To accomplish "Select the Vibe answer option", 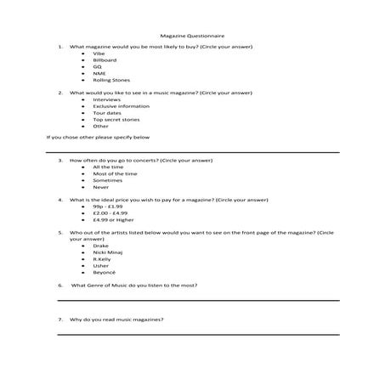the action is click(x=99, y=54).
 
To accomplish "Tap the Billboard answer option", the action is click(x=105, y=60).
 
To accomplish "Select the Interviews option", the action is click(x=107, y=99).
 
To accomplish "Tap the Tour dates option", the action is click(x=108, y=113).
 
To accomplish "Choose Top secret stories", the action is click(x=116, y=120).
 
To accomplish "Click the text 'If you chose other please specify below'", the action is click(x=99, y=136).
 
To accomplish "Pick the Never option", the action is click(x=100, y=187).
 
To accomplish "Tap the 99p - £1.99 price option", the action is click(x=108, y=207).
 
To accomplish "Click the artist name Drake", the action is click(x=100, y=245).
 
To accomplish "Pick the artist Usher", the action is click(x=101, y=265).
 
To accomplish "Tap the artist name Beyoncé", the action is click(x=105, y=272).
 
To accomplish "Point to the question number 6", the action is click(x=60, y=286).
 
